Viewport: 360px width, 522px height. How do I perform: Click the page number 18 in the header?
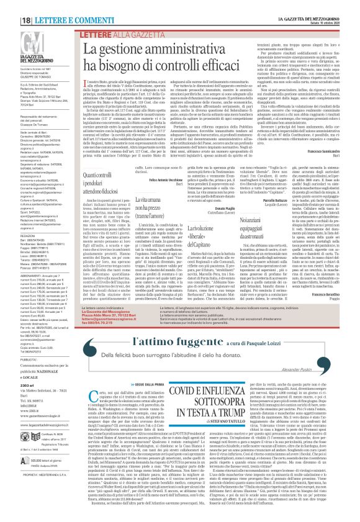point(9,6)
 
